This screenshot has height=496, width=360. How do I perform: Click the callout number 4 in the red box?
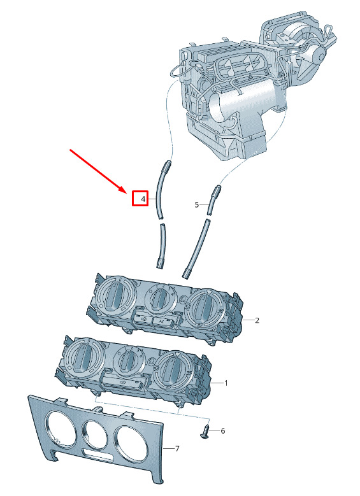tap(143, 199)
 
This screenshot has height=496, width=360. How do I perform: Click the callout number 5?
tap(197, 205)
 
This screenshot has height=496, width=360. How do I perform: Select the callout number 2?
tap(257, 320)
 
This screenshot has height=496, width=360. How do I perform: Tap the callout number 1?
tap(226, 383)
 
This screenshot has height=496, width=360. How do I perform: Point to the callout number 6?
tap(223, 431)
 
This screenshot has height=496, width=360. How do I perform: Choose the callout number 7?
tap(177, 448)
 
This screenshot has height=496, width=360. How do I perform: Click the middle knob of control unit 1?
tap(129, 360)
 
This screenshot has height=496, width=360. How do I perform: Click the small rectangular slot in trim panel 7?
tap(97, 455)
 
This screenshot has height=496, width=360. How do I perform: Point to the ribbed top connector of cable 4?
tap(167, 165)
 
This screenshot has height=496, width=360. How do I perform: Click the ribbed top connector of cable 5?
tap(216, 191)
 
